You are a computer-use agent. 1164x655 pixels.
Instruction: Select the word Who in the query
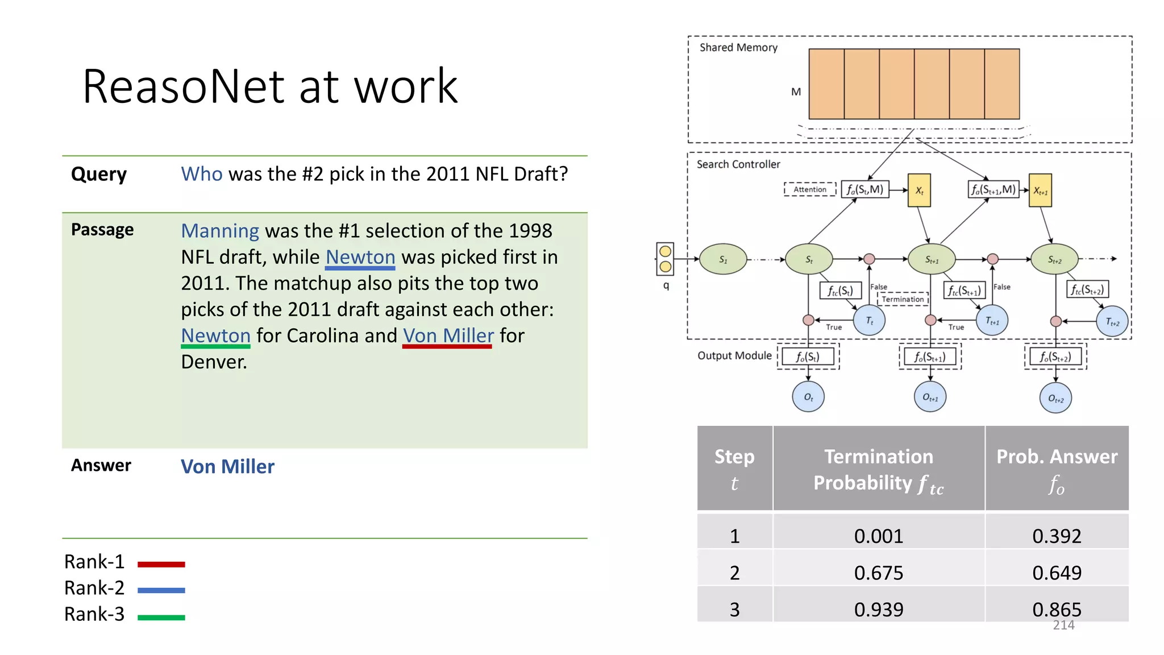[x=201, y=174]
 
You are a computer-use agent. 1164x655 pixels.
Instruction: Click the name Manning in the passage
[x=220, y=231]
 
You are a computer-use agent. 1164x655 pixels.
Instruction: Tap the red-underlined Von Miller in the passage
[x=448, y=336]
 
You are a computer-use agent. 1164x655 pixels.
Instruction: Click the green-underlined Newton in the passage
[x=215, y=336]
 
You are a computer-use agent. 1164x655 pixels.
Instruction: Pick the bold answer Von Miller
[x=227, y=467]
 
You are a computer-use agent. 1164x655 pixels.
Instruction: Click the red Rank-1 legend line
[x=161, y=565]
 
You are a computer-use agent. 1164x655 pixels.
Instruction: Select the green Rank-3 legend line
[x=161, y=617]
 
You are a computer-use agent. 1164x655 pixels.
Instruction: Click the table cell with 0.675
[x=878, y=573]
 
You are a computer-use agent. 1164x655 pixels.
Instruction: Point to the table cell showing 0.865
[x=1056, y=610]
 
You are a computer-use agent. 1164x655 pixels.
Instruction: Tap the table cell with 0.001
[x=878, y=536]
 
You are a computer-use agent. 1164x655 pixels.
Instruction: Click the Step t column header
[x=734, y=469]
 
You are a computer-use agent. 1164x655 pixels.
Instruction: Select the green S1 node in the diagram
[x=723, y=259]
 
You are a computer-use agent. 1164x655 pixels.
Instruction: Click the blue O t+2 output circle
[x=1055, y=398]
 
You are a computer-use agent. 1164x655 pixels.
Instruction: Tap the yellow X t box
[x=919, y=190]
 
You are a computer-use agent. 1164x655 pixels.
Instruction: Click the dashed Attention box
[x=810, y=189]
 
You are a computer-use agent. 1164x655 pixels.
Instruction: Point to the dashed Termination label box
[x=903, y=299]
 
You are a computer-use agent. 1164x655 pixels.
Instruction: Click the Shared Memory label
[x=738, y=48]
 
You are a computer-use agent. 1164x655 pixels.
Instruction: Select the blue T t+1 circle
[x=992, y=321]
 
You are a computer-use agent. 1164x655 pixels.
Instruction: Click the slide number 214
[x=1063, y=625]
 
